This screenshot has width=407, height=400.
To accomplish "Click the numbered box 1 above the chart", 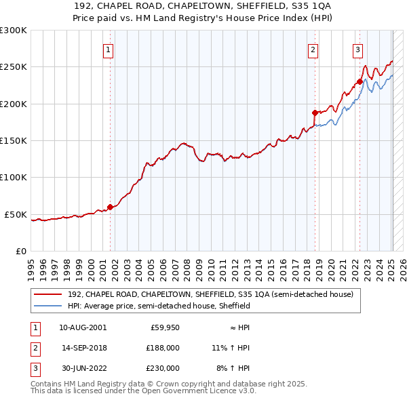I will [109, 49].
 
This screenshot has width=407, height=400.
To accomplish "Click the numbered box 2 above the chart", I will [313, 49].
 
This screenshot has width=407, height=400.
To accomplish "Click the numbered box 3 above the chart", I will [357, 49].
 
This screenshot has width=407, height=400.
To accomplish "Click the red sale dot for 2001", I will [110, 207].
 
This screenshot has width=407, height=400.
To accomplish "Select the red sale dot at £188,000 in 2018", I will [315, 113].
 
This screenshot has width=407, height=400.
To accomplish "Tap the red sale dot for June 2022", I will [360, 82].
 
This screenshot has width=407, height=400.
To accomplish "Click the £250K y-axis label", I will [14, 67].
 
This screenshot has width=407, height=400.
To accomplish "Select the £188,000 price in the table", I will [163, 347].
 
